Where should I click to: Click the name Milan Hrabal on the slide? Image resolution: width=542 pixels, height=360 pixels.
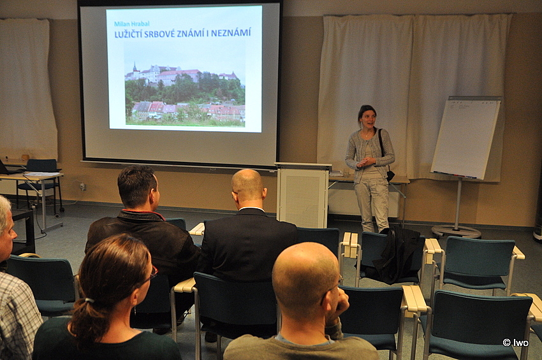[132, 24]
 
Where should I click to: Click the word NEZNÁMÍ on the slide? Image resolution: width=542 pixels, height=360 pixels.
[231, 33]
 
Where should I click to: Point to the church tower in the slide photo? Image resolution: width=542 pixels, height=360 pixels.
[135, 69]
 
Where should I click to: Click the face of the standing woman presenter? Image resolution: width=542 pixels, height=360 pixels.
[367, 119]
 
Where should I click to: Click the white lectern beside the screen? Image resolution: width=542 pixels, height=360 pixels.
[303, 194]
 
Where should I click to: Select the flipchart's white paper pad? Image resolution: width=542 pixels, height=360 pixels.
[465, 137]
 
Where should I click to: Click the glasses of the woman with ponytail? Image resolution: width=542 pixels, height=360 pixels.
[151, 273]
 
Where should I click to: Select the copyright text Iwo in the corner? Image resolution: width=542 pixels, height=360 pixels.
[515, 342]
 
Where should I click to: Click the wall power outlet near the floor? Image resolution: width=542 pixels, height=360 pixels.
[83, 187]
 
